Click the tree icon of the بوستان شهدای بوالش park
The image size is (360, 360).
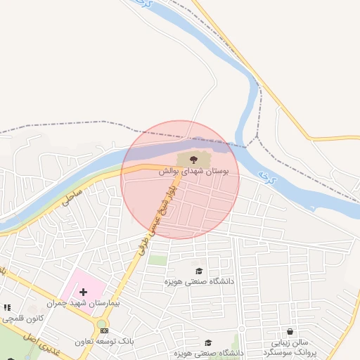tap(193, 160)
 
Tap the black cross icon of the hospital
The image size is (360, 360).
tap(83, 291)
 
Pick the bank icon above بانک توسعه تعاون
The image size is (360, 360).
tap(105, 330)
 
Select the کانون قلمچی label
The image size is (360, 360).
tap(23, 318)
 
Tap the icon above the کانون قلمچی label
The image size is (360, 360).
tap(7, 307)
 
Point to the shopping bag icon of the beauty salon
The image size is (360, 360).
tap(290, 331)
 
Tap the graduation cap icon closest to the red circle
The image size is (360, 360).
tap(199, 271)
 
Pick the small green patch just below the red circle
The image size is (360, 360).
tap(158, 260)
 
